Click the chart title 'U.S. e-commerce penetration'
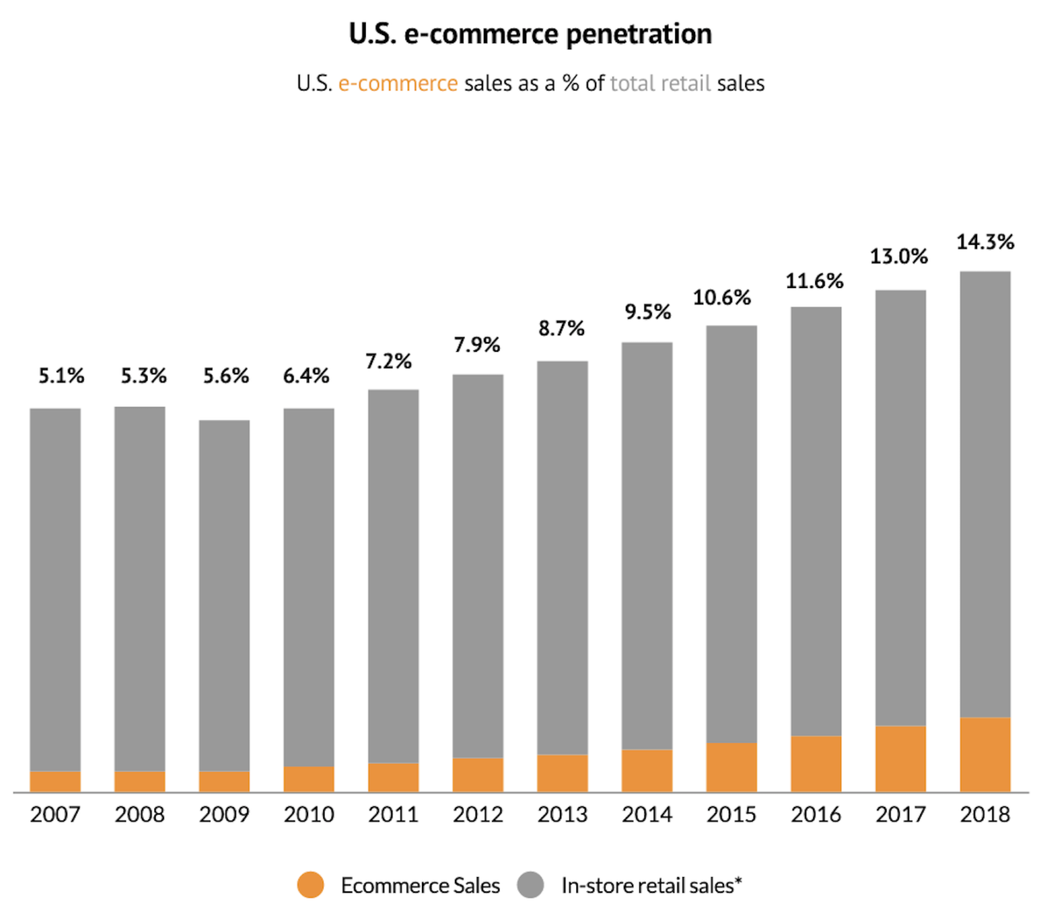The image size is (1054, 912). click(x=530, y=34)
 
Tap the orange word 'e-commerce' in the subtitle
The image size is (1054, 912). click(x=398, y=83)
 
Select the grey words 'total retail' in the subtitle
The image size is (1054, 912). click(x=660, y=83)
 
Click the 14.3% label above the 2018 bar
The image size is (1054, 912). click(x=985, y=242)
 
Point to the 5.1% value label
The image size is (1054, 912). click(x=62, y=375)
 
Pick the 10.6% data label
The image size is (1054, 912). click(x=722, y=297)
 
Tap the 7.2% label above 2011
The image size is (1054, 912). click(x=389, y=361)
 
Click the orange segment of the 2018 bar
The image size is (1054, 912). click(x=985, y=755)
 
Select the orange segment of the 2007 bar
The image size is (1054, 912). click(x=56, y=781)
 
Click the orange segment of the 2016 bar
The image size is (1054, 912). click(x=816, y=764)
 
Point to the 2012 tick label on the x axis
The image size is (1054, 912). click(x=478, y=815)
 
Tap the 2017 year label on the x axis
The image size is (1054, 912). click(x=900, y=815)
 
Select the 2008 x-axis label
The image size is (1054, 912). click(x=140, y=815)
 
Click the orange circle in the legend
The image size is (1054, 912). click(x=310, y=885)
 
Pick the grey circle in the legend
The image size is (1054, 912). click(x=530, y=885)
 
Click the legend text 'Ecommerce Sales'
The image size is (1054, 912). click(x=420, y=885)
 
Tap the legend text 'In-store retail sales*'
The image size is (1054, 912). click(x=651, y=885)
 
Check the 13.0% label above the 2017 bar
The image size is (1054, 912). click(x=899, y=257)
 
